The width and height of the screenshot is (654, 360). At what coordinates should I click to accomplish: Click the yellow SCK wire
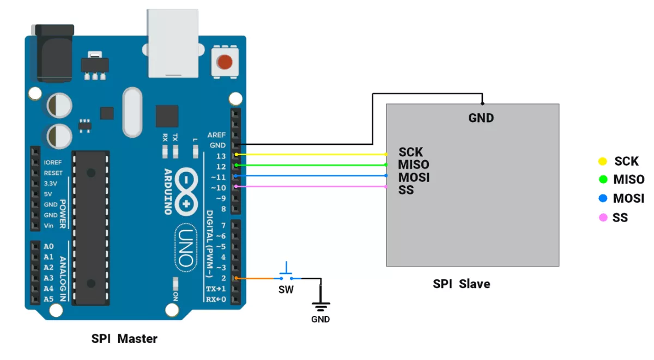point(311,155)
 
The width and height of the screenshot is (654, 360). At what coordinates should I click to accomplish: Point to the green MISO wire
point(311,165)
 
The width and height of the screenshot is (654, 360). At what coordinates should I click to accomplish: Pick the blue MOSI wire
point(311,176)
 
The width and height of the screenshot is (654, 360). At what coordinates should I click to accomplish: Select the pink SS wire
point(311,186)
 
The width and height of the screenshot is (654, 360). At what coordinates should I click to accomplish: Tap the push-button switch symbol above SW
point(286,271)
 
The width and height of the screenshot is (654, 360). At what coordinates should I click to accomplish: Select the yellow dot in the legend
point(602,161)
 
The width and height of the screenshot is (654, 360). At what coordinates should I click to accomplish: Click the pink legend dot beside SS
point(602,218)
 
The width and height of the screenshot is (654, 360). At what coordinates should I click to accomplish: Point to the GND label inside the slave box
point(481,118)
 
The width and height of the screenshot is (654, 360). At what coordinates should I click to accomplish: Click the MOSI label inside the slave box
point(414,178)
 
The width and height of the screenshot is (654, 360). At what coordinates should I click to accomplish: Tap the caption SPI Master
point(124,339)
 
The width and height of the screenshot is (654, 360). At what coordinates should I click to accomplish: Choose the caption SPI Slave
point(461,284)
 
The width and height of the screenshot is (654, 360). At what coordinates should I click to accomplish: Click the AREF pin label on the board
point(216,135)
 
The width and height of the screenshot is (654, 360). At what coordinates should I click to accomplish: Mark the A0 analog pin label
point(49,246)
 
